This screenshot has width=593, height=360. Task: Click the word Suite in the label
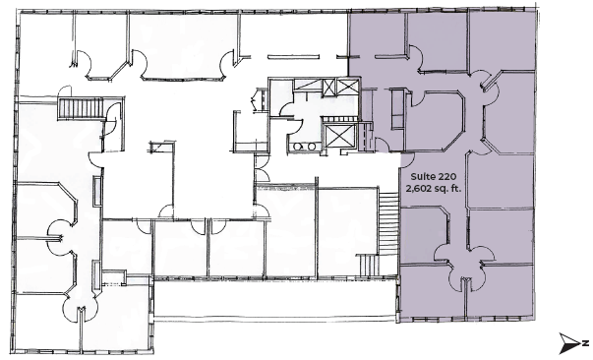click(422, 177)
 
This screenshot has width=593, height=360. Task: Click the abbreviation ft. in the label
click(456, 188)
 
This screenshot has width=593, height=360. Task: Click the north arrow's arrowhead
click(570, 343)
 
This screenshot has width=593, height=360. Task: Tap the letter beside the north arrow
click(585, 343)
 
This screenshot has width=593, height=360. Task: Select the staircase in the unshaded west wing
click(81, 108)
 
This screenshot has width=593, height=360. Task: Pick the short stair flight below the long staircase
click(368, 266)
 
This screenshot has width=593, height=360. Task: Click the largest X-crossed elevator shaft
click(339, 136)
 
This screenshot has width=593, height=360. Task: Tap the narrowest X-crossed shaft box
click(327, 88)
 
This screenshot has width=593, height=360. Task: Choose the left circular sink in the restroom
click(298, 147)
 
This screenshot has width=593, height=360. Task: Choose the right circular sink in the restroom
click(311, 147)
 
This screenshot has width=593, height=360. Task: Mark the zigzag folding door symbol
click(254, 99)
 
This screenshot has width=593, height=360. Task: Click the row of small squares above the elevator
click(339, 119)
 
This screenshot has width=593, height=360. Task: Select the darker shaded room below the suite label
click(424, 233)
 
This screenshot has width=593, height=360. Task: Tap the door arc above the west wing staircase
click(65, 90)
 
